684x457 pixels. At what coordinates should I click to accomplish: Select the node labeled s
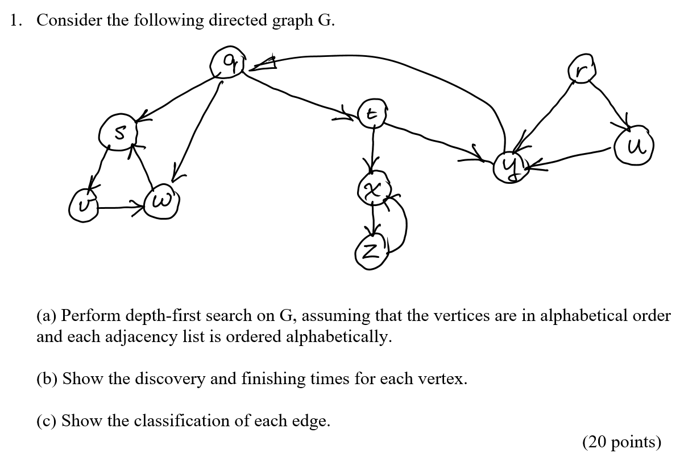pyautogui.click(x=118, y=134)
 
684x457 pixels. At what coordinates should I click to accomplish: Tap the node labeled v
pyautogui.click(x=83, y=208)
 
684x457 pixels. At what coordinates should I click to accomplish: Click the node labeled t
pyautogui.click(x=372, y=114)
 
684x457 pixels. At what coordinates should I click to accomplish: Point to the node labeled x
pyautogui.click(x=372, y=188)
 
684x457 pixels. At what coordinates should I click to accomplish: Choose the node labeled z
pyautogui.click(x=371, y=251)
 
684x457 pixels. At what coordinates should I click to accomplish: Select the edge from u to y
pyautogui.click(x=574, y=158)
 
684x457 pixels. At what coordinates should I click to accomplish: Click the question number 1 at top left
pyautogui.click(x=15, y=20)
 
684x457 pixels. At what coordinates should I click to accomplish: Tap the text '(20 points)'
pyautogui.click(x=621, y=442)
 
